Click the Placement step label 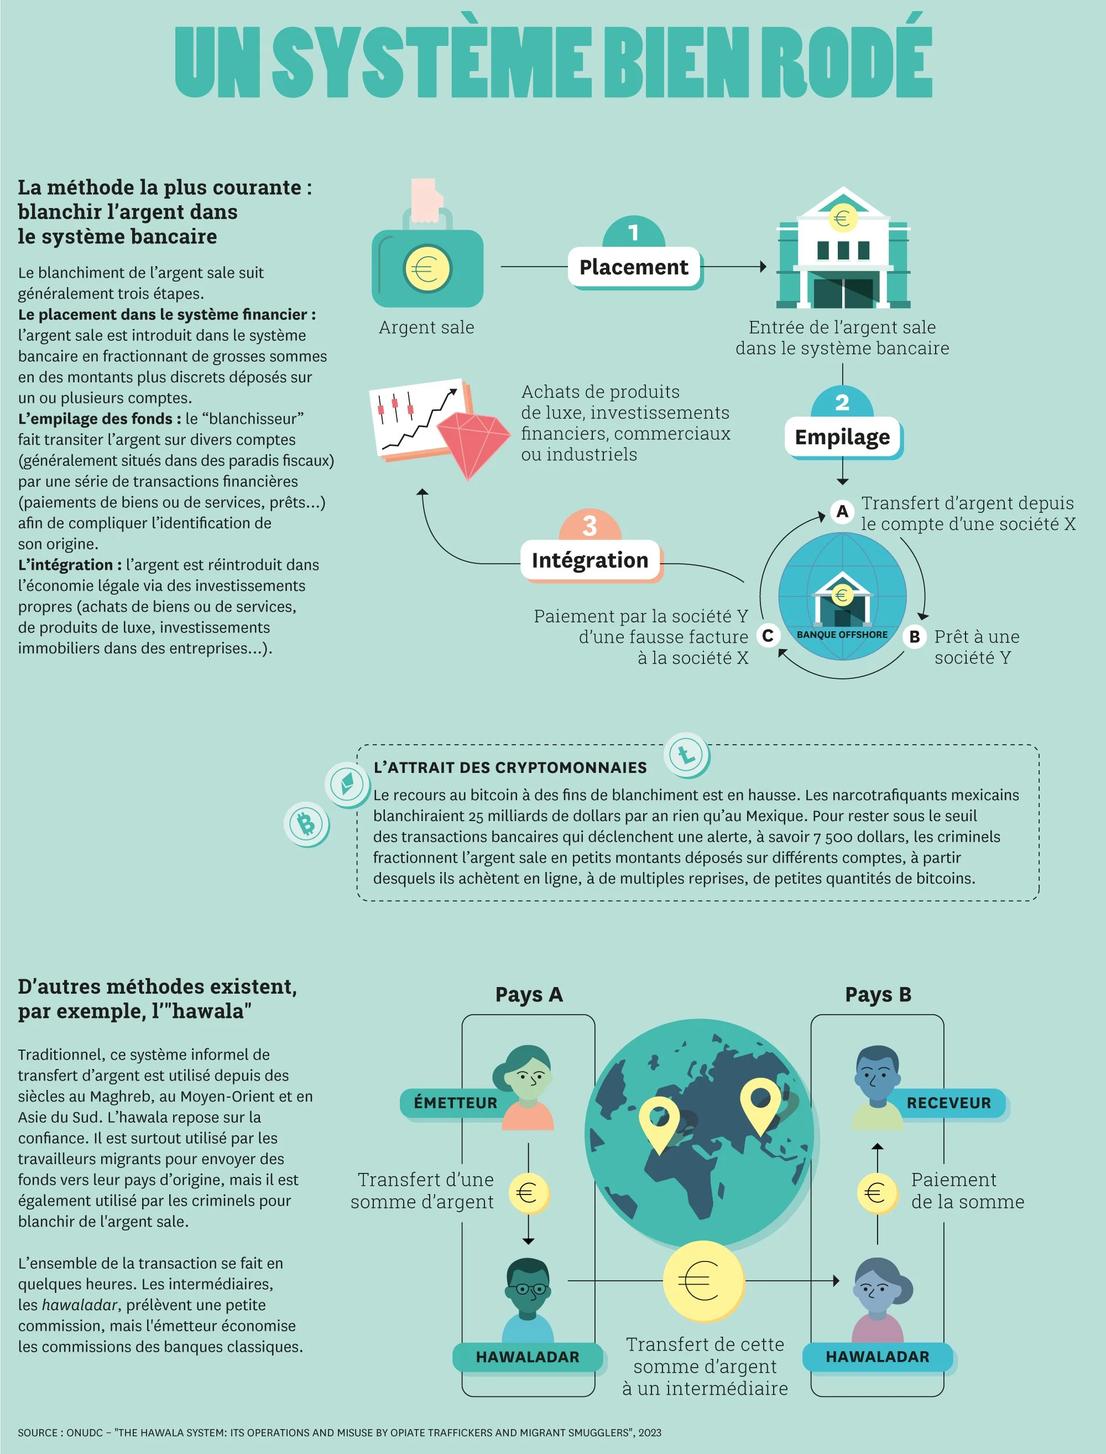(x=633, y=267)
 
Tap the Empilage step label (x=842, y=437)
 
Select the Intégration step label (x=590, y=560)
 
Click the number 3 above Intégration (x=589, y=526)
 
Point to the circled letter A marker (x=842, y=511)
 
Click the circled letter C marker (x=768, y=636)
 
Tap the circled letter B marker (x=915, y=637)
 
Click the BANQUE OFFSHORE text (x=842, y=635)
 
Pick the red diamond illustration (x=473, y=444)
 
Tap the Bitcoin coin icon (x=306, y=824)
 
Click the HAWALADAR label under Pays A (x=528, y=1357)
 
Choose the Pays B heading (x=878, y=994)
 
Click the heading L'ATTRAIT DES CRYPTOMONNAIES (x=510, y=767)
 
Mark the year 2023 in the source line (x=650, y=1432)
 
